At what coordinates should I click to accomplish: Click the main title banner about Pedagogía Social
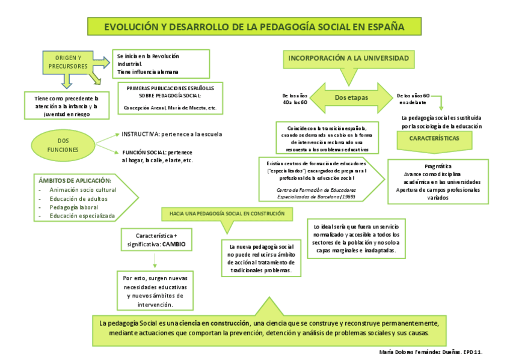(x=254, y=26)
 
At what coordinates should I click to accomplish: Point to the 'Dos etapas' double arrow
(x=351, y=97)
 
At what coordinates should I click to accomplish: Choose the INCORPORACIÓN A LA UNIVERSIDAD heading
(x=348, y=58)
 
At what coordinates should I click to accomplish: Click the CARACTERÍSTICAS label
(x=434, y=138)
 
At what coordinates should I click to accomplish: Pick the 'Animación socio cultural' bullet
(x=83, y=190)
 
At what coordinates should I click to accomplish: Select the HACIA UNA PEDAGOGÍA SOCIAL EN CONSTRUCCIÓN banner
(x=223, y=213)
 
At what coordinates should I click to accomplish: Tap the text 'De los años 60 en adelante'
(x=414, y=99)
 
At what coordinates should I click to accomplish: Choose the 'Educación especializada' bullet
(x=82, y=215)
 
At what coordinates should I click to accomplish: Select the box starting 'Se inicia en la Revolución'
(x=161, y=64)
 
